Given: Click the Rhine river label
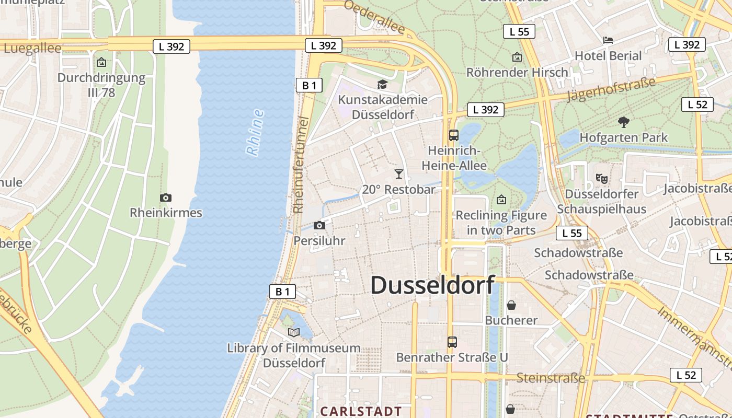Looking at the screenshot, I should click(255, 133).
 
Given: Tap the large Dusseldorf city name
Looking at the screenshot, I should click(432, 285).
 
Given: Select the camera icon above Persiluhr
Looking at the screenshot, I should click(319, 226).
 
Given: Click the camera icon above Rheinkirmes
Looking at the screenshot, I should click(166, 198).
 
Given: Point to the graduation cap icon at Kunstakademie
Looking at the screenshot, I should click(383, 85).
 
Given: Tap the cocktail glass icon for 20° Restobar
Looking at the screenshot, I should click(399, 174).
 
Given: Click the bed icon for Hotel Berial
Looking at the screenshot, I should click(608, 40).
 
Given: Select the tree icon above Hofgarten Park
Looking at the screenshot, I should click(623, 123).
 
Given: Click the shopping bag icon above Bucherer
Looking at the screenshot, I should click(511, 305).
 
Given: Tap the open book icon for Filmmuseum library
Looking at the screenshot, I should click(294, 332).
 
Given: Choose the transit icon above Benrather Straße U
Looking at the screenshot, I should click(452, 342).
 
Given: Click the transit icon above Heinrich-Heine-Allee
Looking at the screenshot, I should click(454, 135).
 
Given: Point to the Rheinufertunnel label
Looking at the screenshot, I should click(300, 165).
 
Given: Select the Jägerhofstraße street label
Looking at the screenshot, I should click(611, 89).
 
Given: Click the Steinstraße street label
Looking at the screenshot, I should click(551, 378).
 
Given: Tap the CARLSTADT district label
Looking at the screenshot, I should click(361, 411).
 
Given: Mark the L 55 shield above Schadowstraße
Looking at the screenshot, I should click(572, 233).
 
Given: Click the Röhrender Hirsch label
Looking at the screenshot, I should click(517, 73).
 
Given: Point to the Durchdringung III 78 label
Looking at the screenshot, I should click(101, 85).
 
